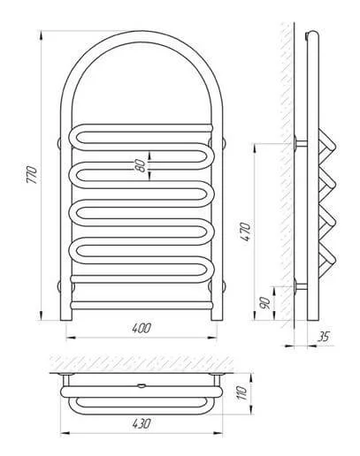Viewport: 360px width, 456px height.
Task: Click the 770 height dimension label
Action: pyautogui.click(x=32, y=175)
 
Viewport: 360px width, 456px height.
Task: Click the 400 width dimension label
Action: pyautogui.click(x=142, y=328)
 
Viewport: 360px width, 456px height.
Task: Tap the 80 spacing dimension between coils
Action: pyautogui.click(x=142, y=166)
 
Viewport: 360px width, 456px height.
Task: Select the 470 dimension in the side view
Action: pyautogui.click(x=245, y=232)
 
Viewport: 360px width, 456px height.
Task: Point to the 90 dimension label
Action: pyautogui.click(x=264, y=302)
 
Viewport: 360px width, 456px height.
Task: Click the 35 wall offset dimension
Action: pyautogui.click(x=323, y=337)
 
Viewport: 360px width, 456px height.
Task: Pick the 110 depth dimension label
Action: pyautogui.click(x=241, y=392)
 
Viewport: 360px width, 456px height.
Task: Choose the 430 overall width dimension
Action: pyautogui.click(x=142, y=423)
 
